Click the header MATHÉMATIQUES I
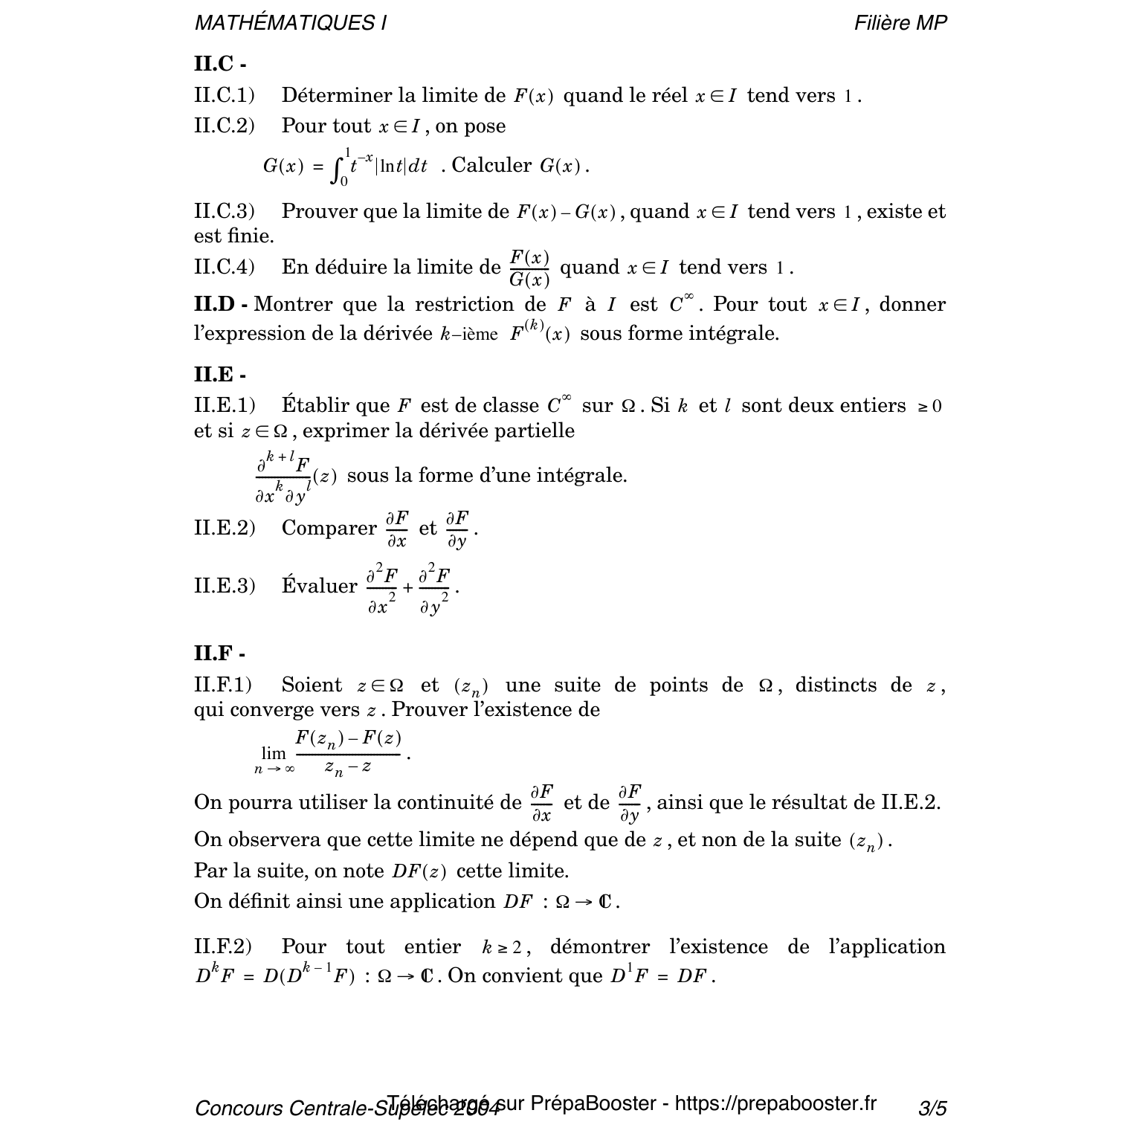coord(290,23)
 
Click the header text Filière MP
coord(900,23)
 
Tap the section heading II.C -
coord(220,64)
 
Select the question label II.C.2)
coord(224,126)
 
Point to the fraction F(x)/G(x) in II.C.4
coord(529,268)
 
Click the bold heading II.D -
coord(221,305)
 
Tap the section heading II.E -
coord(219,375)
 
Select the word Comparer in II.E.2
coord(329,529)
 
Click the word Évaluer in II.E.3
coord(319,586)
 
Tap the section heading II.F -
coord(219,654)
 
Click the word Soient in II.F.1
coord(312,685)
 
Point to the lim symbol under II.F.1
coord(274,753)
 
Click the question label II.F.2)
coord(223,947)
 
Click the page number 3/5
coord(932,1109)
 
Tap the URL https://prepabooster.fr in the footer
coord(775,1103)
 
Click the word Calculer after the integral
coord(491,165)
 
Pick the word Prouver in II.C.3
coord(320,212)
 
